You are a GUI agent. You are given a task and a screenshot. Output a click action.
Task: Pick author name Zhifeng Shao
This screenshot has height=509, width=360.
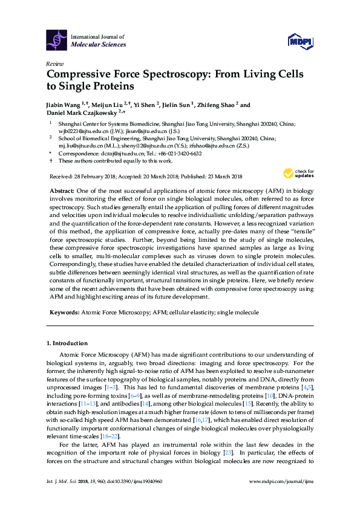(218, 105)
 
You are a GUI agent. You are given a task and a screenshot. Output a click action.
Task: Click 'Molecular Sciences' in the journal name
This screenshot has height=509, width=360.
(99, 45)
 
